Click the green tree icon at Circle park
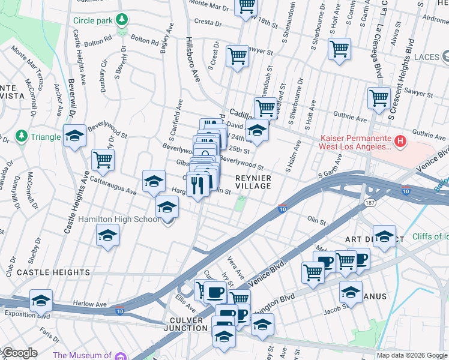click(122, 20)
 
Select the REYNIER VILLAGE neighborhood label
click(253, 182)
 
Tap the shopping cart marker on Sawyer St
click(238, 56)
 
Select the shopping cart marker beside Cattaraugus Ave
click(103, 160)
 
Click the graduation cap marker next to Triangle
click(75, 136)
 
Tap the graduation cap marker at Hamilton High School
click(167, 208)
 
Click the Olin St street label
click(316, 221)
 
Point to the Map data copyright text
click(411, 355)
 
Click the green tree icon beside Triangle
click(22, 137)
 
